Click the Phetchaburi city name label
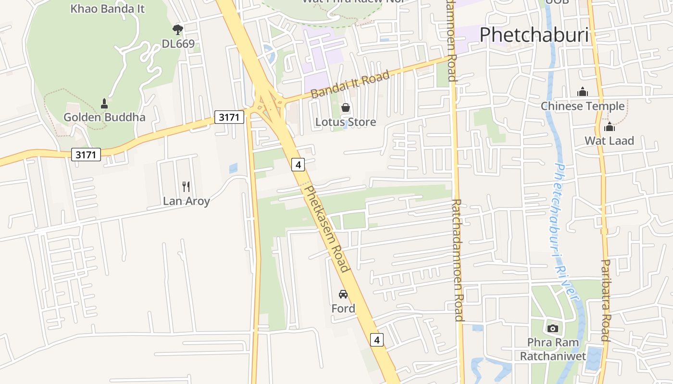534,35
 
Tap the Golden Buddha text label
104,117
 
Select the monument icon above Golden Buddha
104,103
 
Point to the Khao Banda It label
107,8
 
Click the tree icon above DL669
178,30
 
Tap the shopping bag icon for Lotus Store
345,108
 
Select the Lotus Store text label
345,122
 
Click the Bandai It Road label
350,84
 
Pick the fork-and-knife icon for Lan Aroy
186,187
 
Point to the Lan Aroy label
186,201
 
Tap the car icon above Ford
343,294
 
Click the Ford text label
343,308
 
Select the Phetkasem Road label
326,228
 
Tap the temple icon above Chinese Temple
583,92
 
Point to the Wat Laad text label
609,141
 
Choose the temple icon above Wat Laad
610,127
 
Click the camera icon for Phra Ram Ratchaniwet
553,329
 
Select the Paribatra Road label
606,300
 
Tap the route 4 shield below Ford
377,340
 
